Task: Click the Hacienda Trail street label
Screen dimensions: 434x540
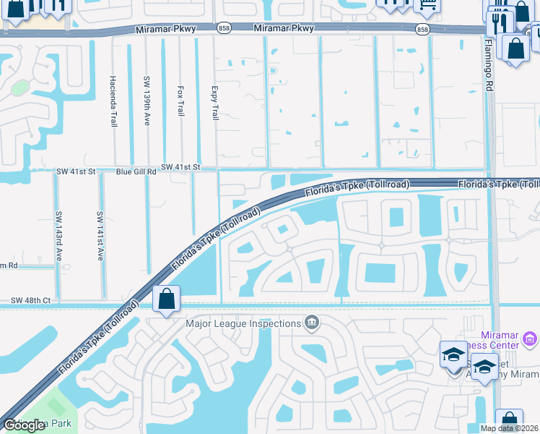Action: pos(114,101)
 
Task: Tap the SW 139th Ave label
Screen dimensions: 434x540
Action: pos(147,101)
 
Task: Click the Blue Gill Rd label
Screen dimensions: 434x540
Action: pos(136,173)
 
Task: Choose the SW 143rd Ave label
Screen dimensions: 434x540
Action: pos(58,236)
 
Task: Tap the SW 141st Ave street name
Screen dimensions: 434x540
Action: pos(100,236)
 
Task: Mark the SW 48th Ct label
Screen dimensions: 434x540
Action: pos(30,299)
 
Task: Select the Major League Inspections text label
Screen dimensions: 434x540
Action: pos(243,323)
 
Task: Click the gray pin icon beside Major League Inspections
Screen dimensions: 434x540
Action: pos(312,322)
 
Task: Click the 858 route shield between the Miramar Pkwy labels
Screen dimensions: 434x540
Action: pos(224,28)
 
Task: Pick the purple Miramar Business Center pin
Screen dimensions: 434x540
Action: pos(529,339)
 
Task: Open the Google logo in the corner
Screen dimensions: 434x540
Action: pos(24,425)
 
